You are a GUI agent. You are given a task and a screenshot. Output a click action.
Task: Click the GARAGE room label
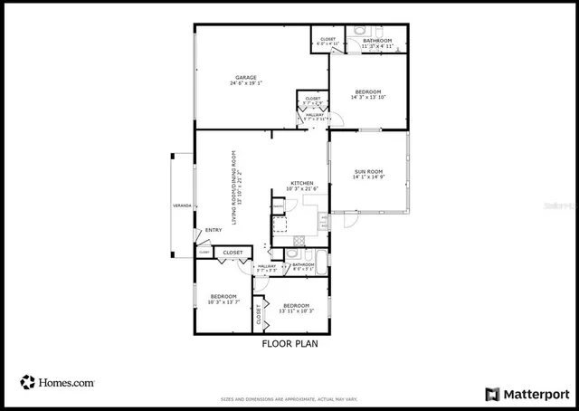pyautogui.click(x=246, y=77)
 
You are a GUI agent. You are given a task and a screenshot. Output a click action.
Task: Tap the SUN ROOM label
pyautogui.click(x=368, y=170)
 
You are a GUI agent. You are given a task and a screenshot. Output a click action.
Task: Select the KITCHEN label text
pyautogui.click(x=302, y=184)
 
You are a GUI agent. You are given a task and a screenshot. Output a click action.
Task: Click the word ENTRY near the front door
pyautogui.click(x=214, y=230)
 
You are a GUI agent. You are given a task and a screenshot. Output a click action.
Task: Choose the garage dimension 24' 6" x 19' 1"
pyautogui.click(x=246, y=84)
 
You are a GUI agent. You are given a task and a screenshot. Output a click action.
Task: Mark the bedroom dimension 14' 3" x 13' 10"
pyautogui.click(x=368, y=98)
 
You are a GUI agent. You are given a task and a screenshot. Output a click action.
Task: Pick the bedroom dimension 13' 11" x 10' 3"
pyautogui.click(x=297, y=311)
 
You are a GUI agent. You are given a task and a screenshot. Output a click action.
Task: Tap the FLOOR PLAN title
pyautogui.click(x=289, y=344)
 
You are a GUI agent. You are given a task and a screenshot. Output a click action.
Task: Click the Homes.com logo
pyautogui.click(x=58, y=382)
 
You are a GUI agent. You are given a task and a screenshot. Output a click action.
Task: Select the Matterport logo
pyautogui.click(x=528, y=394)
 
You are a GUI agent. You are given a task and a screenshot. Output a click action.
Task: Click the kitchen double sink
pyautogui.click(x=322, y=217)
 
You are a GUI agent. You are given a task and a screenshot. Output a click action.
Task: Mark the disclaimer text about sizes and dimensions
pyautogui.click(x=289, y=397)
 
